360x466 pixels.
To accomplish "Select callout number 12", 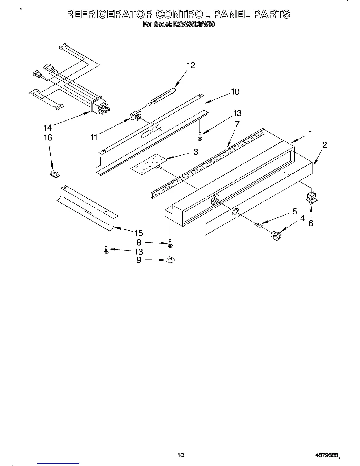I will (191, 65).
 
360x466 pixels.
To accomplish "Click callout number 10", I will (235, 92).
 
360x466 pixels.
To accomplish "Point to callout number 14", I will (47, 128).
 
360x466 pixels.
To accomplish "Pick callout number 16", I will (48, 137).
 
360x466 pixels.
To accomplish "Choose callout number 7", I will (237, 124).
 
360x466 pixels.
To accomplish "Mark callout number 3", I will (195, 152).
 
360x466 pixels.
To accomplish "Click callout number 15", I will (139, 233).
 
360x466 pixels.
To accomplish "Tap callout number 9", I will (139, 260).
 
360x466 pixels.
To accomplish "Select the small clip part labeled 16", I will (54, 174).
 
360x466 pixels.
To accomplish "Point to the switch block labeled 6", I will (312, 198).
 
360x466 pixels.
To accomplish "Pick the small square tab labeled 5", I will (259, 225).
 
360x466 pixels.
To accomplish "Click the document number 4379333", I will (326, 455).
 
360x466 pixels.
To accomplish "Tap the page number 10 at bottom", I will (180, 455).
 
